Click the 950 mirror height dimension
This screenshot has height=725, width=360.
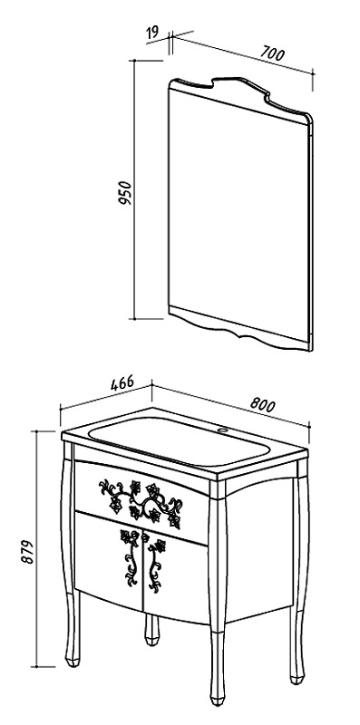tap(125, 193)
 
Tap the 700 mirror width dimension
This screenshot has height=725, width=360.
tap(272, 53)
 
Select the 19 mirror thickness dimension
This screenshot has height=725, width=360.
tap(152, 33)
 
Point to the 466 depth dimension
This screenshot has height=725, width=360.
tap(122, 383)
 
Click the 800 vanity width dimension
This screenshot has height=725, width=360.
tap(263, 404)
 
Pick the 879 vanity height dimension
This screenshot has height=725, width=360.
tap(29, 551)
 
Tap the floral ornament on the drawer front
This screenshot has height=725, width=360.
tap(141, 504)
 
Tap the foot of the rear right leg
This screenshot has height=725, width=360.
tap(297, 678)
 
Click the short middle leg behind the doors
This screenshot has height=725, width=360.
tap(151, 630)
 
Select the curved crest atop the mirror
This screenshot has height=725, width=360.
tap(240, 96)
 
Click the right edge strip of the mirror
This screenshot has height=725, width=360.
tap(310, 236)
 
